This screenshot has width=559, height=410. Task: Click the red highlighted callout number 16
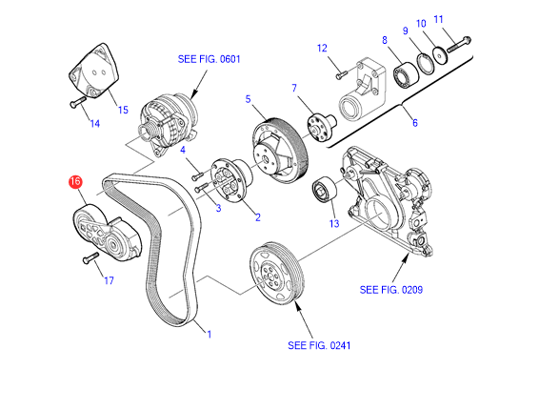pyautogui.click(x=75, y=181)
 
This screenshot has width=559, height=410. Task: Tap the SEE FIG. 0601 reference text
pyautogui.click(x=210, y=59)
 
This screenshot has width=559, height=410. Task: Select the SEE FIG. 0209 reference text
pyautogui.click(x=391, y=290)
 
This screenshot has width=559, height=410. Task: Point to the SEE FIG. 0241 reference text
pyautogui.click(x=319, y=345)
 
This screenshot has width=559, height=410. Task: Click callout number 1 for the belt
pyautogui.click(x=210, y=335)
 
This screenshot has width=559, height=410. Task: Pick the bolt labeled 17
pyautogui.click(x=90, y=258)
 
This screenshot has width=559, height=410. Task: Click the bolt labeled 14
pyautogui.click(x=77, y=102)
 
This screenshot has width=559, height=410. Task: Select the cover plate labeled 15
pyautogui.click(x=94, y=71)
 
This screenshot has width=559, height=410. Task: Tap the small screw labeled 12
pyautogui.click(x=341, y=74)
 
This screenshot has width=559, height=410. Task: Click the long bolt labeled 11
pyautogui.click(x=459, y=44)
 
